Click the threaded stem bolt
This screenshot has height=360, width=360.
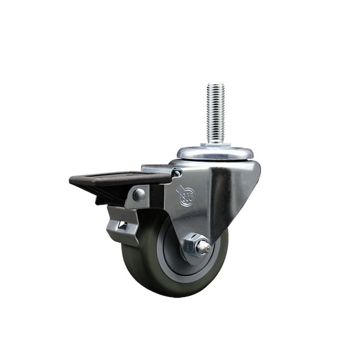click(215, 114)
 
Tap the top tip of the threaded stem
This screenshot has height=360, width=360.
click(215, 86)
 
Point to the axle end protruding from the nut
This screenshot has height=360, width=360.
click(204, 245)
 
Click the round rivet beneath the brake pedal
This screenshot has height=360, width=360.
click(139, 194)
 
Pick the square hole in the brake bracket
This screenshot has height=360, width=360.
click(122, 225)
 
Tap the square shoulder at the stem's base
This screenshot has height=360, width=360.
click(215, 145)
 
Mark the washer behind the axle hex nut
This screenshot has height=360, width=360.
click(187, 251)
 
